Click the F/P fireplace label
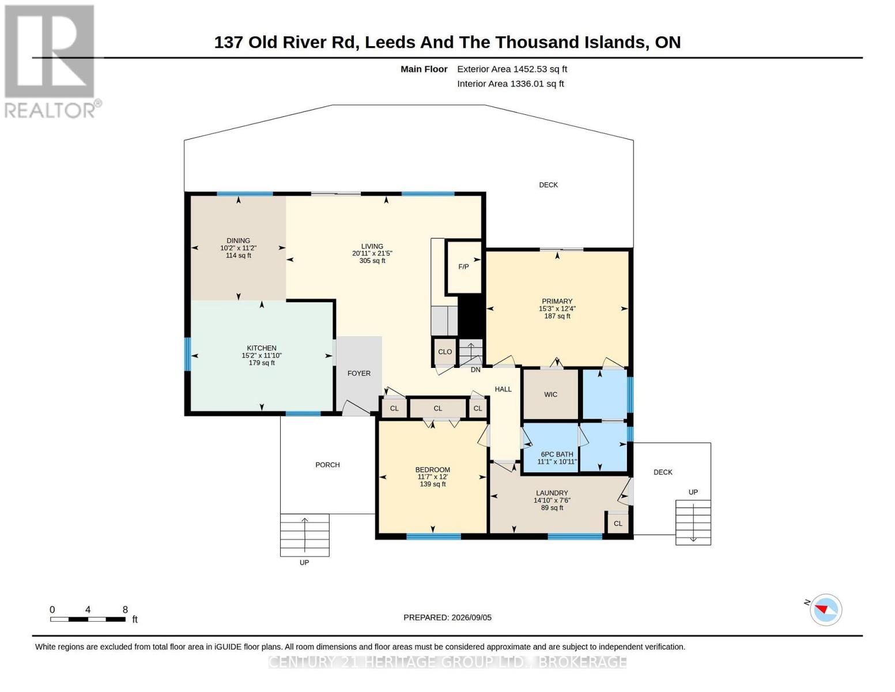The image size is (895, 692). coord(463,266)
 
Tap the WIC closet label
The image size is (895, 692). coord(551,394)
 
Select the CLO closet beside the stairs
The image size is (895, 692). coord(445,352)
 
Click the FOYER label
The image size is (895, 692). coord(358,373)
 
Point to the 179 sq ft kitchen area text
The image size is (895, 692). coord(262,363)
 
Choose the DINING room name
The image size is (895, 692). coord(238,240)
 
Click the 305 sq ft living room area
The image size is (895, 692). coord(372,261)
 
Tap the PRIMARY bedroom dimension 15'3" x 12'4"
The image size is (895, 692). coord(557,309)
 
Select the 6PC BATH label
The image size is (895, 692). coord(557,454)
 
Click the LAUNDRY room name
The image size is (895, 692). coord(552,493)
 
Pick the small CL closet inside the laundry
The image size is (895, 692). coord(618,524)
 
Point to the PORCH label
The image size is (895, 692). coord(327,465)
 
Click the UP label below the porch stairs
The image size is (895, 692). coord(304,563)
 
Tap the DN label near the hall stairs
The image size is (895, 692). coord(475,370)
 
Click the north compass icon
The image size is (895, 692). coord(825,610)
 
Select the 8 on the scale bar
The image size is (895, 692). coord(125,610)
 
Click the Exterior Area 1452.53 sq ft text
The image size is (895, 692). coord(512,69)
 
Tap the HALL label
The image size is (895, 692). coord(503,389)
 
